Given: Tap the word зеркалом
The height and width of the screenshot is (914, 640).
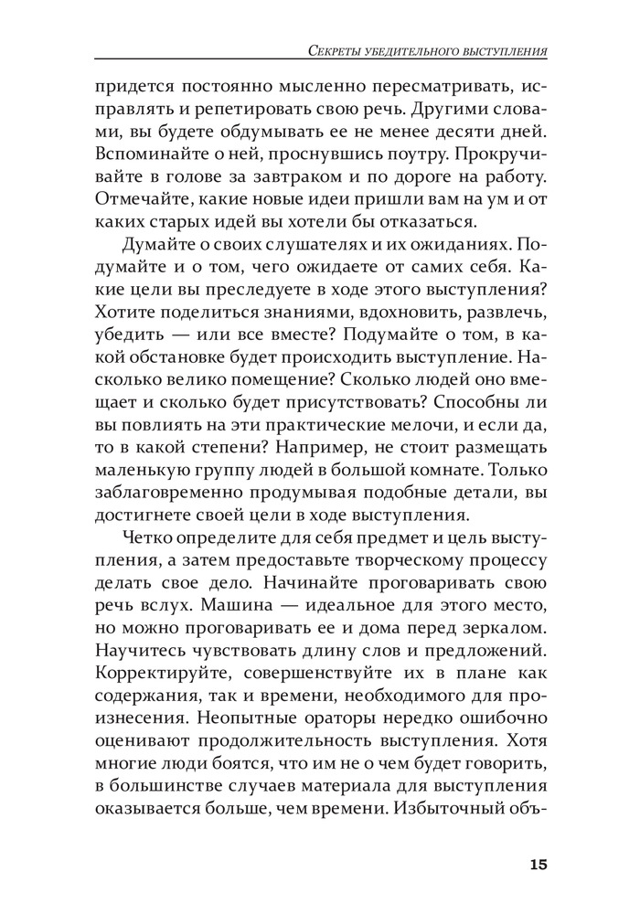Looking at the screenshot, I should point(504,630).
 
